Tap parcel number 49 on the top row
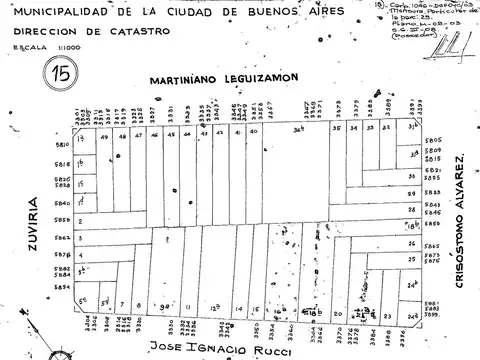click(x=105, y=139)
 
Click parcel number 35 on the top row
click(x=338, y=129)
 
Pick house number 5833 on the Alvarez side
click(x=432, y=190)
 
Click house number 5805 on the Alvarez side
click(x=432, y=140)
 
